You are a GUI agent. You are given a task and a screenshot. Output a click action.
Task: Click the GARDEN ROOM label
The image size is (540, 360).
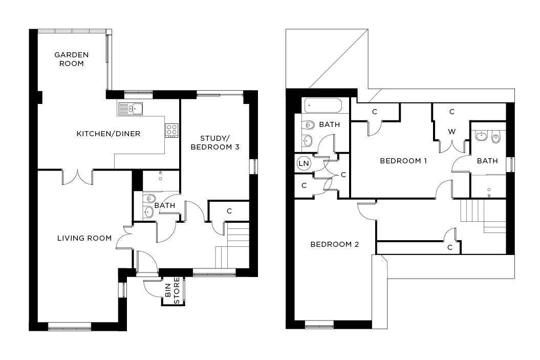click(72, 59)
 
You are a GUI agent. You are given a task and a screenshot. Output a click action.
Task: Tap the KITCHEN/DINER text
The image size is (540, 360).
click(108, 134)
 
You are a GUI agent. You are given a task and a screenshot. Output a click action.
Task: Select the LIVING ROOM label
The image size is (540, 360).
click(84, 238)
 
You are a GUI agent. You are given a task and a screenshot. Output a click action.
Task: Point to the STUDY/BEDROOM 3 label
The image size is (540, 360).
click(214, 142)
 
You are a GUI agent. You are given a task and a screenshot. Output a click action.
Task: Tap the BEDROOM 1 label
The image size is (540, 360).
click(403, 161)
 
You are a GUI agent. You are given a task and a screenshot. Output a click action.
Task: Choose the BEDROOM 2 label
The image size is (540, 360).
click(335, 244)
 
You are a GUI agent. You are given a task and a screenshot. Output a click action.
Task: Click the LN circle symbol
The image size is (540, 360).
click(304, 163)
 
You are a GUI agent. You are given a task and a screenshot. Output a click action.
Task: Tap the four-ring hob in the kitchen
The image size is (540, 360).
click(171, 130)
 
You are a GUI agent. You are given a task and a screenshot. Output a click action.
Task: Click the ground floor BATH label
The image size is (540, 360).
click(165, 205)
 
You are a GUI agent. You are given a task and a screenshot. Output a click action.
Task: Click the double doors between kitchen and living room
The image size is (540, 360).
click(78, 177)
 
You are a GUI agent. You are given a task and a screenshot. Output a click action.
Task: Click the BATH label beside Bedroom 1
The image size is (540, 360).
click(487, 161)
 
